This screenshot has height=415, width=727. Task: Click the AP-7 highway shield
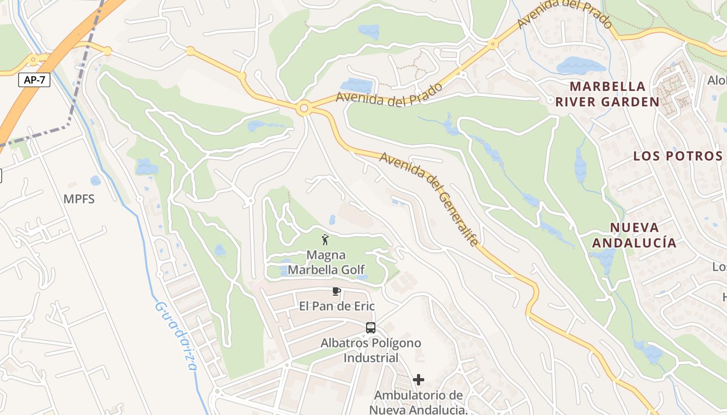(34, 80)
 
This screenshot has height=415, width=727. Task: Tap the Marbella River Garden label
(607, 94)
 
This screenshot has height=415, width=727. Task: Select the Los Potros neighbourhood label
(678, 156)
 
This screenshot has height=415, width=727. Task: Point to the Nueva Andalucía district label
(634, 235)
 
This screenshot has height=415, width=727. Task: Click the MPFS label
(79, 199)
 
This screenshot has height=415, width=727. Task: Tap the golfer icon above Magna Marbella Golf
(326, 240)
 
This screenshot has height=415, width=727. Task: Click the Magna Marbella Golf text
(326, 262)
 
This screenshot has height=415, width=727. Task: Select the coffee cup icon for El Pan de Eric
(336, 292)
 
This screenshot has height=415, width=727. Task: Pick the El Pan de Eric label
(336, 306)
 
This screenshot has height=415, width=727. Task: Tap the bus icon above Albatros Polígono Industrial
(370, 328)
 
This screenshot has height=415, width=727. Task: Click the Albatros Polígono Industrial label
(371, 350)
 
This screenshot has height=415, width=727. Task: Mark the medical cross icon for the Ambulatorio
(418, 380)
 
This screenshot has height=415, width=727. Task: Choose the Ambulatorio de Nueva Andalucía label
(419, 403)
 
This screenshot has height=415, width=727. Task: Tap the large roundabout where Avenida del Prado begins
(304, 109)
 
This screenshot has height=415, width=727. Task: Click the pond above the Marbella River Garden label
(581, 66)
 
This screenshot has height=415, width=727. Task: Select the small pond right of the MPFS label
(96, 181)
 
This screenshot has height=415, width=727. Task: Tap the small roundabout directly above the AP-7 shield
(33, 60)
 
